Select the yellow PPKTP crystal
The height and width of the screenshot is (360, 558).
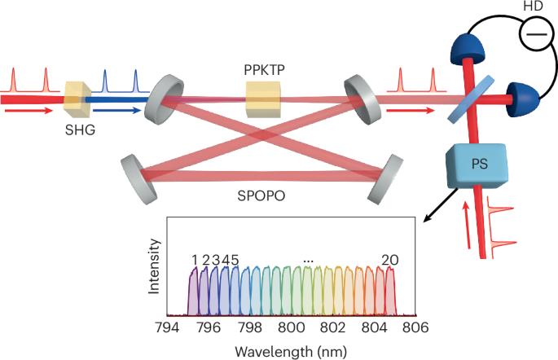point(263,104)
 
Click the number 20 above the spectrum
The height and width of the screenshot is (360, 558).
point(390,260)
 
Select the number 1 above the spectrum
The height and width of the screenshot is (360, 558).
point(195,260)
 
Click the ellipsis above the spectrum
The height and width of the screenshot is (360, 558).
point(308,260)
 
